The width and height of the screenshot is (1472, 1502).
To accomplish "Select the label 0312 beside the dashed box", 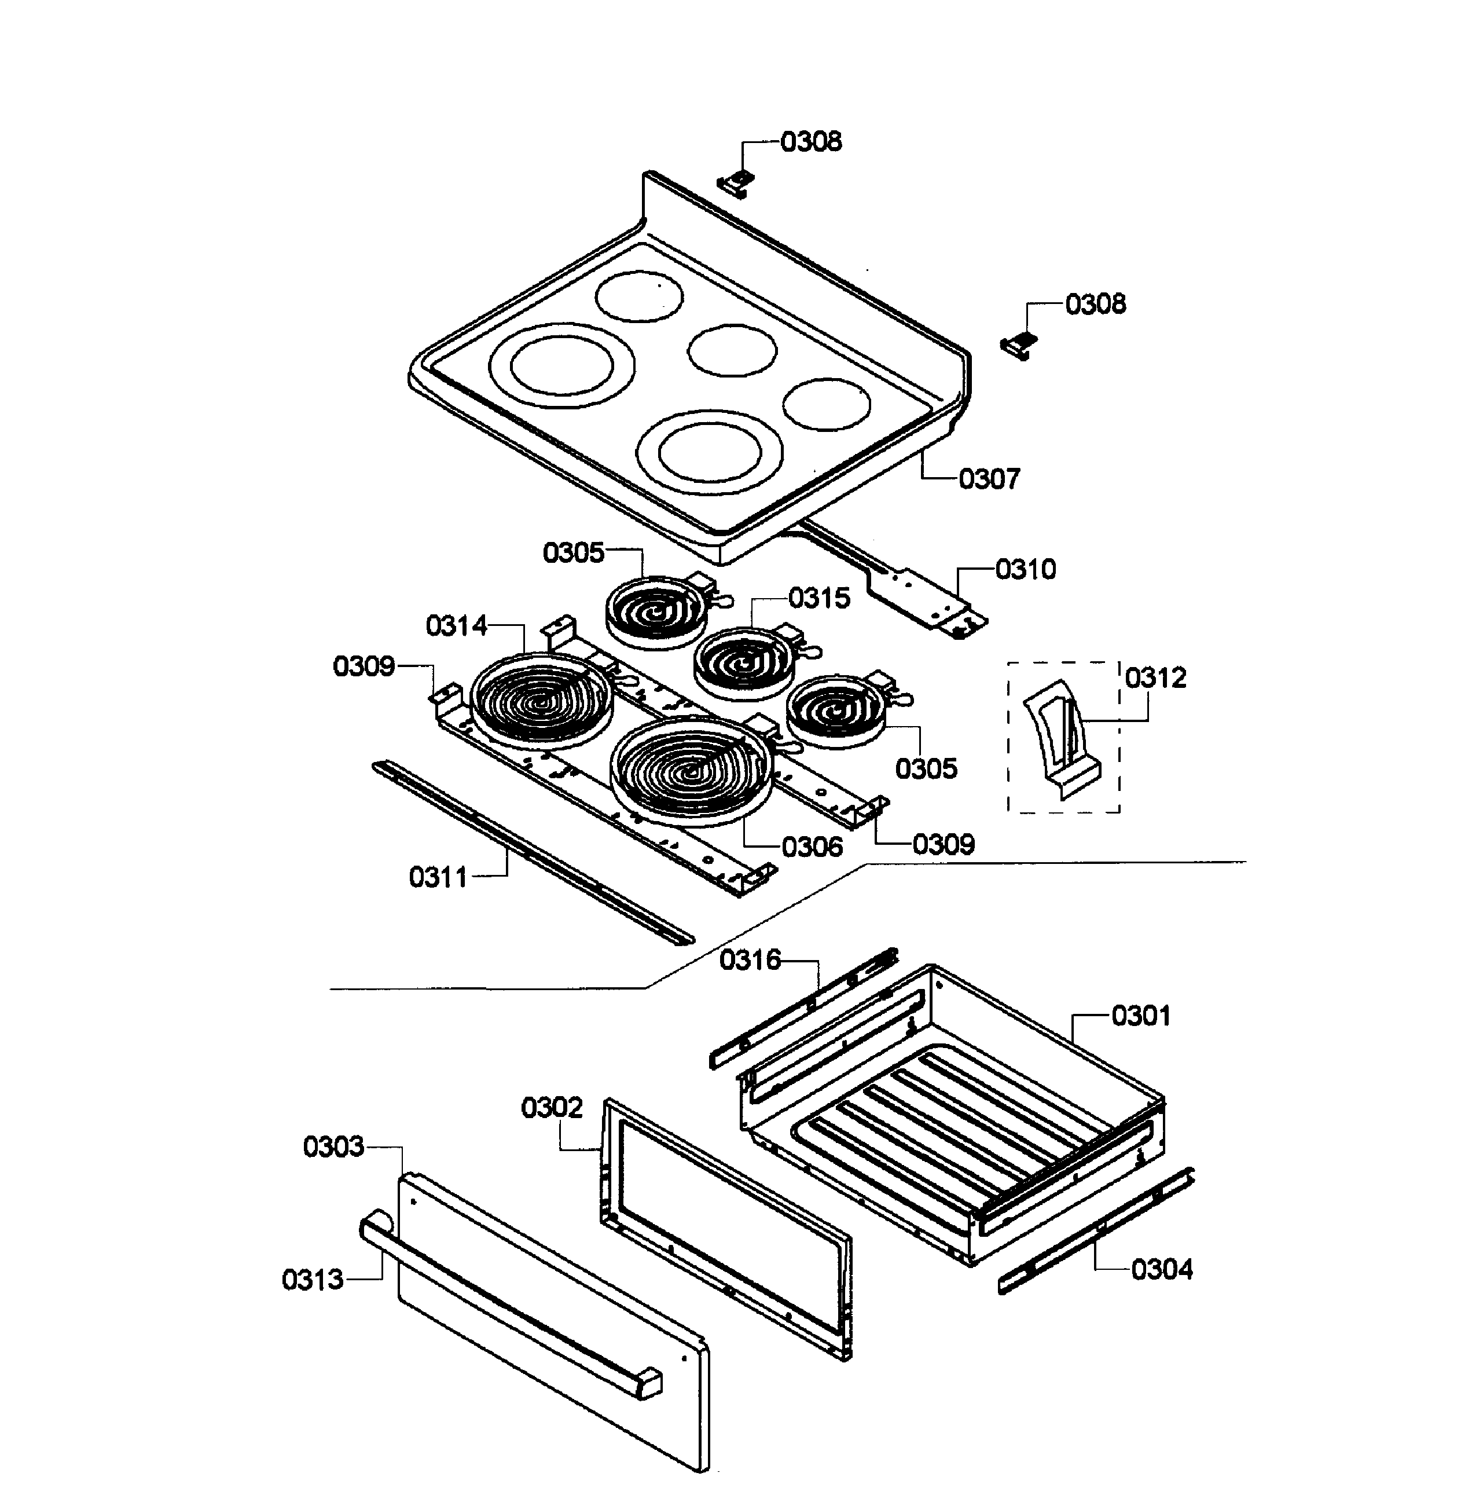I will tap(1155, 677).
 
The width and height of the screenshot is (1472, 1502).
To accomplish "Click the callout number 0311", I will tap(438, 877).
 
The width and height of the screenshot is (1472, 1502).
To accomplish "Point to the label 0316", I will tap(750, 960).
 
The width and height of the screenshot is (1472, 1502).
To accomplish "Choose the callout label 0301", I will tap(1140, 1016).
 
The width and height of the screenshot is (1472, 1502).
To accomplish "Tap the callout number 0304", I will tap(1161, 1269).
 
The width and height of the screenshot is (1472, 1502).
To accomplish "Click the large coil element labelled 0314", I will tap(541, 700).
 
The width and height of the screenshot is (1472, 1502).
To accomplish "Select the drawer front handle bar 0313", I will tap(511, 1307).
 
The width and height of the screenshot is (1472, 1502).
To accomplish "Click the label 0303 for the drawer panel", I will tap(333, 1146).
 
